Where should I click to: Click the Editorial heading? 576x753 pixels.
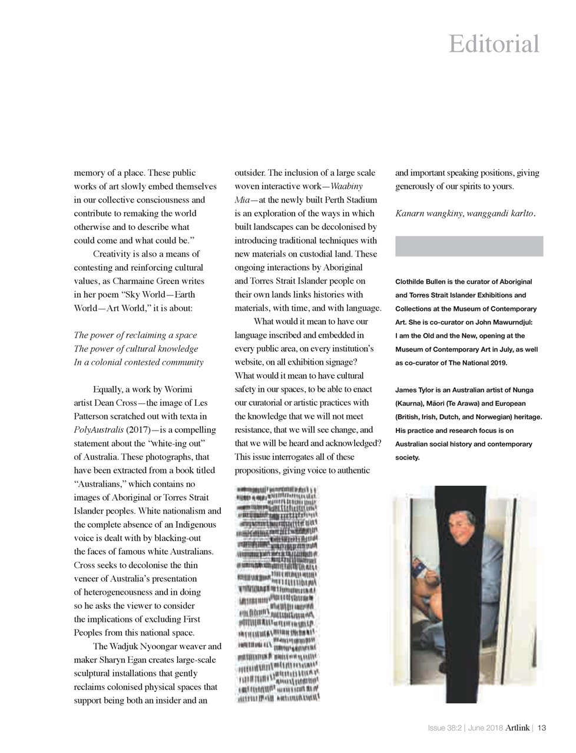[494, 44]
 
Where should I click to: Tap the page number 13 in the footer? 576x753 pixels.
[542, 728]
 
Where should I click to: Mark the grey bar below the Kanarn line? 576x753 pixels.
[469, 246]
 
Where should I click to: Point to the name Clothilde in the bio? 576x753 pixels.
[412, 282]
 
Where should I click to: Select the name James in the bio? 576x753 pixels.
[406, 390]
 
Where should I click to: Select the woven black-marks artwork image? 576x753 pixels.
[277, 594]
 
